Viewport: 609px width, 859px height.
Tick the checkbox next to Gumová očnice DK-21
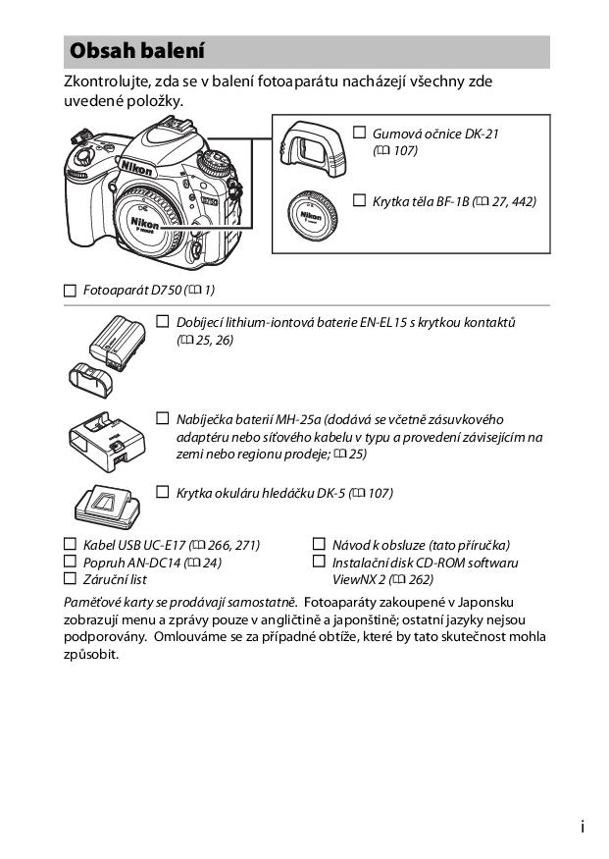tap(359, 133)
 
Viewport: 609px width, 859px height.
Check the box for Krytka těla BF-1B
tap(359, 201)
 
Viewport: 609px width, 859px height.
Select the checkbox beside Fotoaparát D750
tap(69, 291)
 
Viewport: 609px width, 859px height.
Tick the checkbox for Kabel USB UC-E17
tap(69, 544)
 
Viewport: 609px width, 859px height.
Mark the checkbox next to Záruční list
tap(69, 579)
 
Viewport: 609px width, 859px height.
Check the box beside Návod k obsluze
tap(318, 544)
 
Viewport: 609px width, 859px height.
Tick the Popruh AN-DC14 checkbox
tap(69, 562)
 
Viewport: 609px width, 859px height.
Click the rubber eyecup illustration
tap(311, 147)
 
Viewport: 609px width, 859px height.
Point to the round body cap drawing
tap(311, 216)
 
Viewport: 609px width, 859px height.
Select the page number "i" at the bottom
tap(583, 828)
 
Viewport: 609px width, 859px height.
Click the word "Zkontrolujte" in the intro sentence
tap(104, 81)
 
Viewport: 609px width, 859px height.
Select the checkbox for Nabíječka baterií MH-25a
tap(163, 418)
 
